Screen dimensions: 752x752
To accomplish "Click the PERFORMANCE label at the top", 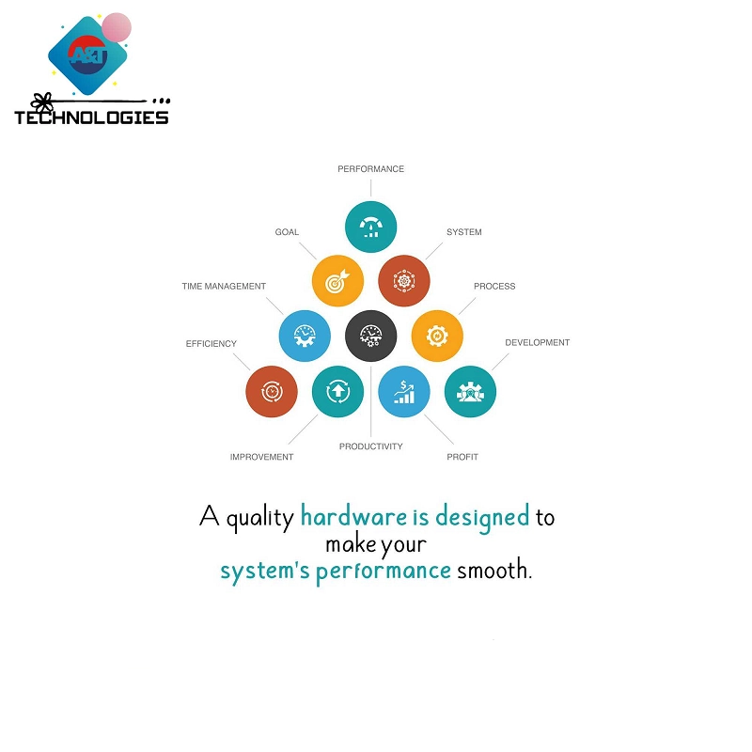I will pyautogui.click(x=370, y=169).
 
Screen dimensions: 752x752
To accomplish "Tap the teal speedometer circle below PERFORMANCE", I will pyautogui.click(x=370, y=227).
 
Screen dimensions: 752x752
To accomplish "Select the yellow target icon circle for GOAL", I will pyautogui.click(x=337, y=281).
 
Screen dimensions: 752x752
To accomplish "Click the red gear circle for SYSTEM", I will pyautogui.click(x=404, y=281).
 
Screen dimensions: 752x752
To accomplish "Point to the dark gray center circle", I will pyautogui.click(x=370, y=336).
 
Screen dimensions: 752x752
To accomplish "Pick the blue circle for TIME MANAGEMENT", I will pyautogui.click(x=305, y=336).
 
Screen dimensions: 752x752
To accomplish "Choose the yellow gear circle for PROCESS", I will pyautogui.click(x=437, y=336).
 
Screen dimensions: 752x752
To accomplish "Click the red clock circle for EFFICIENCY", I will pyautogui.click(x=272, y=391).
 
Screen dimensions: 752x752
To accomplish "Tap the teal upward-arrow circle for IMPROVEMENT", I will pyautogui.click(x=337, y=391).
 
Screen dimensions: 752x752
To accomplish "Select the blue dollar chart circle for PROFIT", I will pyautogui.click(x=404, y=391).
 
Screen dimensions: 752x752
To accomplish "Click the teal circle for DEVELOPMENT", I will pyautogui.click(x=470, y=391).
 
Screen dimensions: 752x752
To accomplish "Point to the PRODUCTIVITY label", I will pyautogui.click(x=370, y=446).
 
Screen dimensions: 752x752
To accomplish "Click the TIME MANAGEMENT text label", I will pyautogui.click(x=224, y=287).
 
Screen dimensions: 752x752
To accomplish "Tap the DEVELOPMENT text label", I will pyautogui.click(x=537, y=343).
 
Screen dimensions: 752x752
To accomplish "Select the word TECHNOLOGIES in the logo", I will pyautogui.click(x=91, y=118).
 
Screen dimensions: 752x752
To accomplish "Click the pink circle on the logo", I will pyautogui.click(x=116, y=27).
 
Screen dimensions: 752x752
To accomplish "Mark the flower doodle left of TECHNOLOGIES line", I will pyautogui.click(x=40, y=99).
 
